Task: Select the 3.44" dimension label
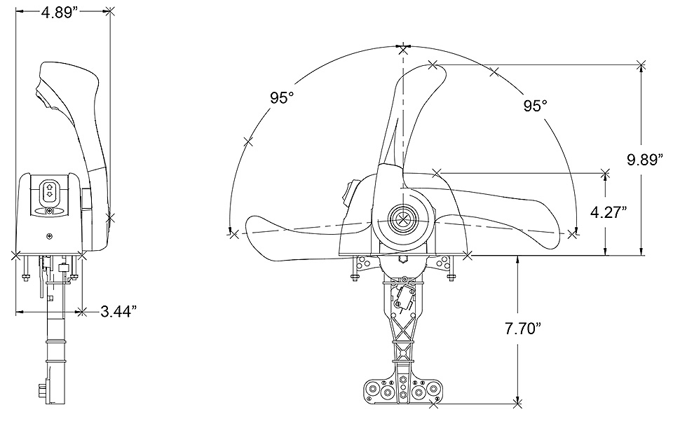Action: [x=118, y=311]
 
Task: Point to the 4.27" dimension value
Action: [x=609, y=212]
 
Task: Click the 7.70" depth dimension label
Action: [x=522, y=329]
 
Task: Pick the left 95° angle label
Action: [x=282, y=98]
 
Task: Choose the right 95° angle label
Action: [x=535, y=106]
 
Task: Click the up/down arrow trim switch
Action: [x=48, y=191]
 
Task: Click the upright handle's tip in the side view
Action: [x=433, y=64]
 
